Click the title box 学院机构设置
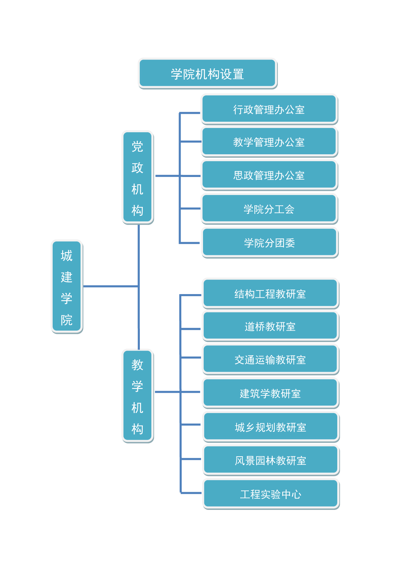pos(207,73)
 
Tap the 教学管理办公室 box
pos(269,142)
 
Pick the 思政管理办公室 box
pos(269,175)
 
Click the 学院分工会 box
pos(269,209)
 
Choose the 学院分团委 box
pos(269,242)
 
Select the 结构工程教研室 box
pos(270,293)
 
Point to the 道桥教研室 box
pos(270,326)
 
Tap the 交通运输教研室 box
pos(270,359)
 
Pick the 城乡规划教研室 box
pos(270,427)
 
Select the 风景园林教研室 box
pos(270,460)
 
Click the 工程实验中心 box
pos(270,493)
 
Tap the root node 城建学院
pos(67,287)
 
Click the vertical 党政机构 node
pos(138,178)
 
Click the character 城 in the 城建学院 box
pos(66,256)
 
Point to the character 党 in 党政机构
pos(138,146)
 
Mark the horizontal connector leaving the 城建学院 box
pos(110,286)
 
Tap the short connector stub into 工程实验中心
pos(191,493)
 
